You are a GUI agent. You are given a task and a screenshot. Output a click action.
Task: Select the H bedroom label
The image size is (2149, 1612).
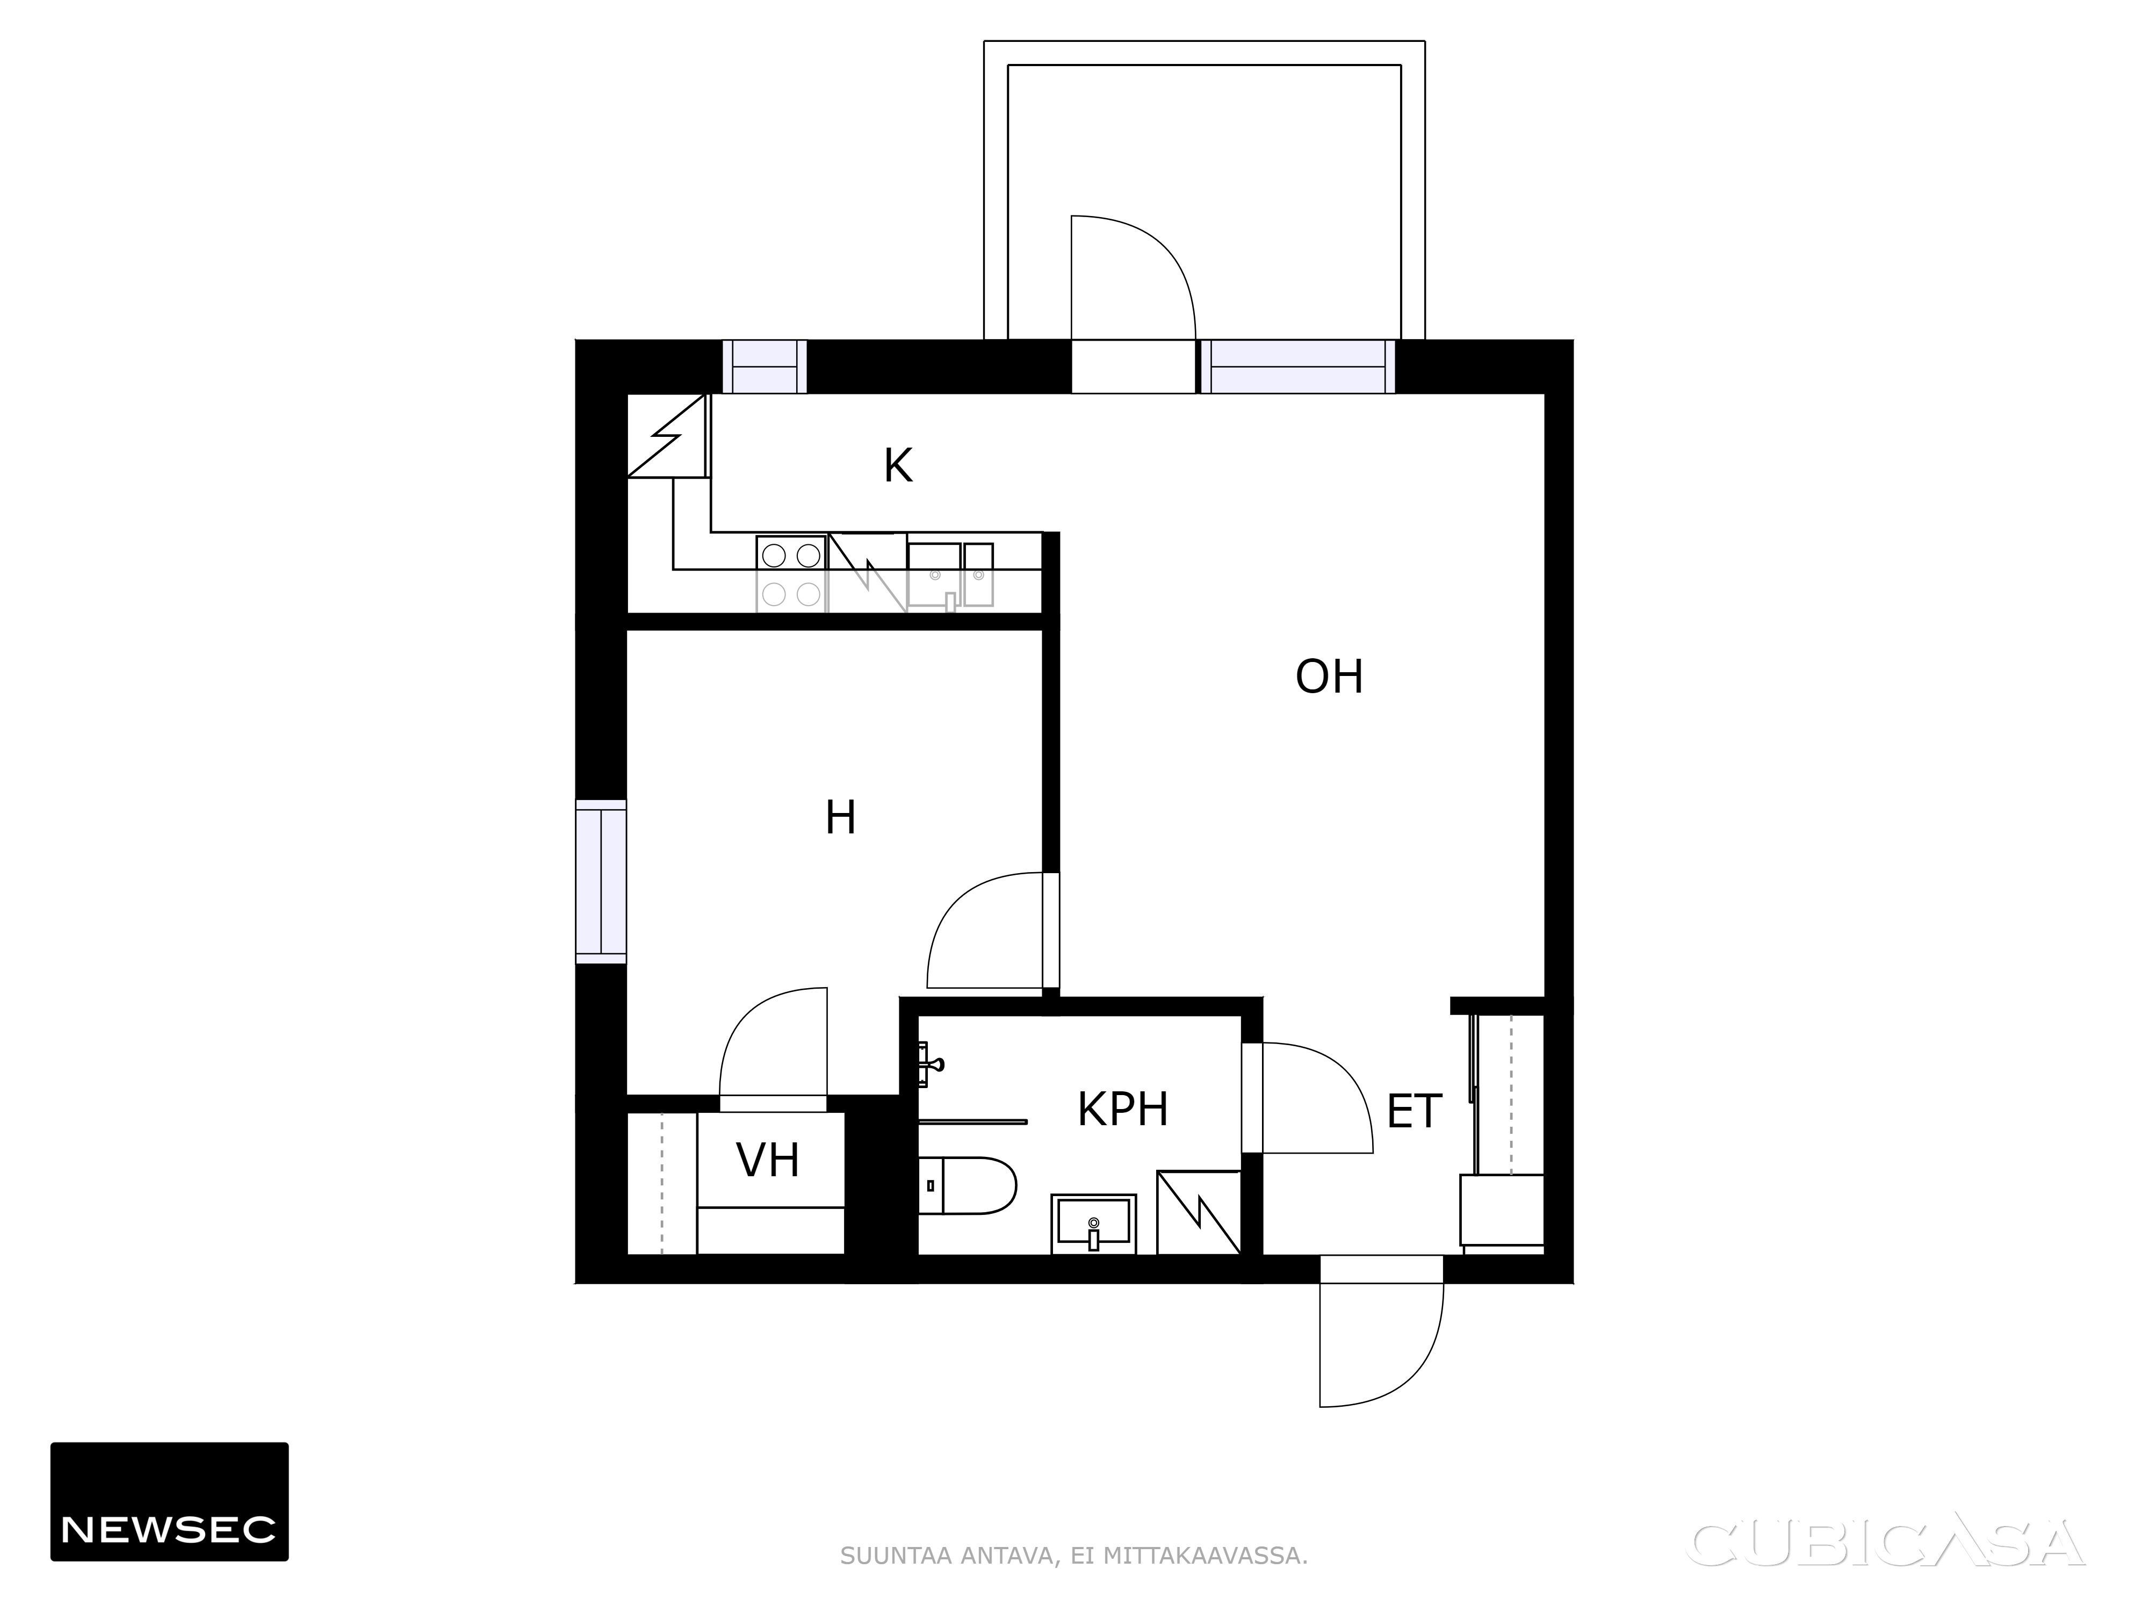point(840,818)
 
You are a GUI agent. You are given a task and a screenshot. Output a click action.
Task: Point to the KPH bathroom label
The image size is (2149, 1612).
point(1122,1109)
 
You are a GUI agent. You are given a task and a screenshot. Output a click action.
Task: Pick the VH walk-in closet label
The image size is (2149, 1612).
point(768,1160)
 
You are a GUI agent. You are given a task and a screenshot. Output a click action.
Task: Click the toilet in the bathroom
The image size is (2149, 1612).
point(967,1185)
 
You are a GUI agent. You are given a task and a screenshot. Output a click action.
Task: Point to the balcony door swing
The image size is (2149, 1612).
point(1133,277)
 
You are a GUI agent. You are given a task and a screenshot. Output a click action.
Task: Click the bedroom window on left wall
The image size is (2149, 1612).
point(601,881)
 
